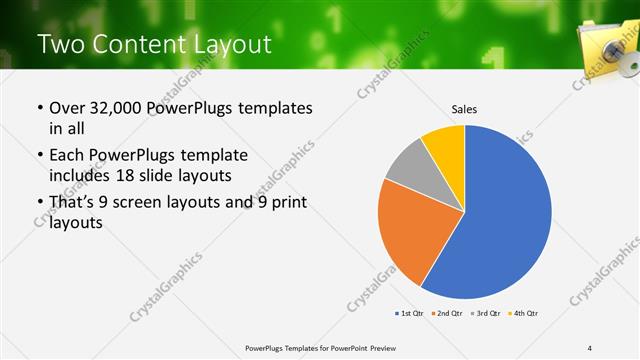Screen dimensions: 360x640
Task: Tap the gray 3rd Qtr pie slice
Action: coord(408,167)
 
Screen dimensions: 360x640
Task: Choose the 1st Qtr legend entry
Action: coord(409,314)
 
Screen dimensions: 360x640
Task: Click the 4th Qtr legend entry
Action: coord(525,314)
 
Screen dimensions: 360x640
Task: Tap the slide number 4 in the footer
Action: coord(589,347)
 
